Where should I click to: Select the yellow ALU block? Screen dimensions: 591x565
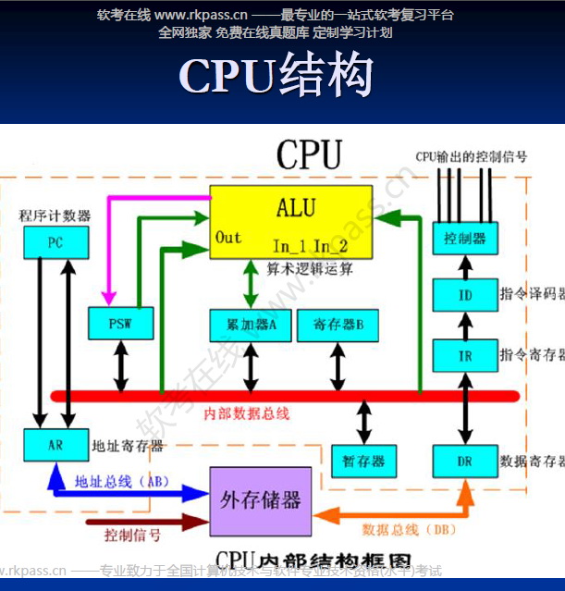point(291,222)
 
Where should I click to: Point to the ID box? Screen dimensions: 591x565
point(464,296)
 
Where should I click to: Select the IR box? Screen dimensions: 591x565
point(464,355)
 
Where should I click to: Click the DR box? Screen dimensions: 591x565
point(464,460)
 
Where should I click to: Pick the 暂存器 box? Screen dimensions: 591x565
point(363,460)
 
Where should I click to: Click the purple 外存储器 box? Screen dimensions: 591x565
point(260,500)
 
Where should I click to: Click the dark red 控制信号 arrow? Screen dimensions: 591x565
point(129,523)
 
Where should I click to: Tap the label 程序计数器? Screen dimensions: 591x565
point(55,215)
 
